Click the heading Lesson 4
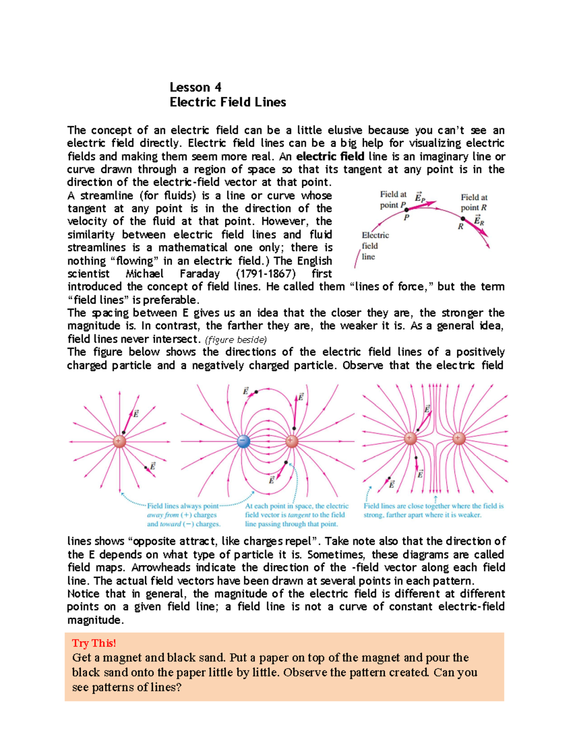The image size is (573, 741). pos(195,87)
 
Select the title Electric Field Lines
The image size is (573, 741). pos(228,102)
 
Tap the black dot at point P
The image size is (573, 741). pos(406,209)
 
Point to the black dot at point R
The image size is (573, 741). pos(462,219)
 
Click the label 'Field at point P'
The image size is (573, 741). pos(393,199)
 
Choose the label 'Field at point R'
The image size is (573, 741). pos(474,202)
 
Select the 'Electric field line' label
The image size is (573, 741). pos(375,246)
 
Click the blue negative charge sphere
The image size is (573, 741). pos(244,441)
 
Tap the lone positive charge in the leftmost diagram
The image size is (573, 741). pos(119,441)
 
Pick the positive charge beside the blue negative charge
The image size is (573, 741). pos(291,441)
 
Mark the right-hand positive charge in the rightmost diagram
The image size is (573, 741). pos(459,438)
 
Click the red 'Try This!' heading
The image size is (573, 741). pos(94,643)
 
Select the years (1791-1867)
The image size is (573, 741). pos(265,274)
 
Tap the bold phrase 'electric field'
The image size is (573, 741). pos(330,157)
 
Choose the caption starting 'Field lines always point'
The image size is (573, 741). pos(183,515)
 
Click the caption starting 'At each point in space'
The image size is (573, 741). pos(297,515)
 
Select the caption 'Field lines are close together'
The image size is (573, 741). pos(433,510)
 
